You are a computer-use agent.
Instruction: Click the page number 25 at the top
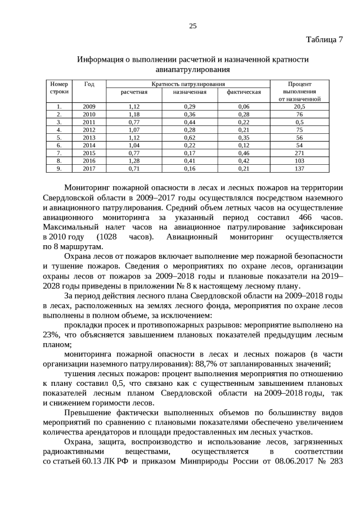point(192,26)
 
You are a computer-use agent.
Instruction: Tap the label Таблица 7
point(324,39)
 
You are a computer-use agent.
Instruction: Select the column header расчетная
point(134,92)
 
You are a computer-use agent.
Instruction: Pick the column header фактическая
point(244,92)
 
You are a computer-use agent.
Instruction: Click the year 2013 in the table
point(89,137)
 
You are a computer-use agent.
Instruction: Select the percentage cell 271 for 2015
point(299,152)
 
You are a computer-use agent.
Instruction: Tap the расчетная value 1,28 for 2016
point(134,160)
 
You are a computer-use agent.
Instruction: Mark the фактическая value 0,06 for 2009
point(244,106)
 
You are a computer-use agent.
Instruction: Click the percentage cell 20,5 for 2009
point(299,106)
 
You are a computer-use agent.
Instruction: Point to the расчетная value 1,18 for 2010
point(134,114)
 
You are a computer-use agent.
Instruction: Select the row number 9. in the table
point(58,168)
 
